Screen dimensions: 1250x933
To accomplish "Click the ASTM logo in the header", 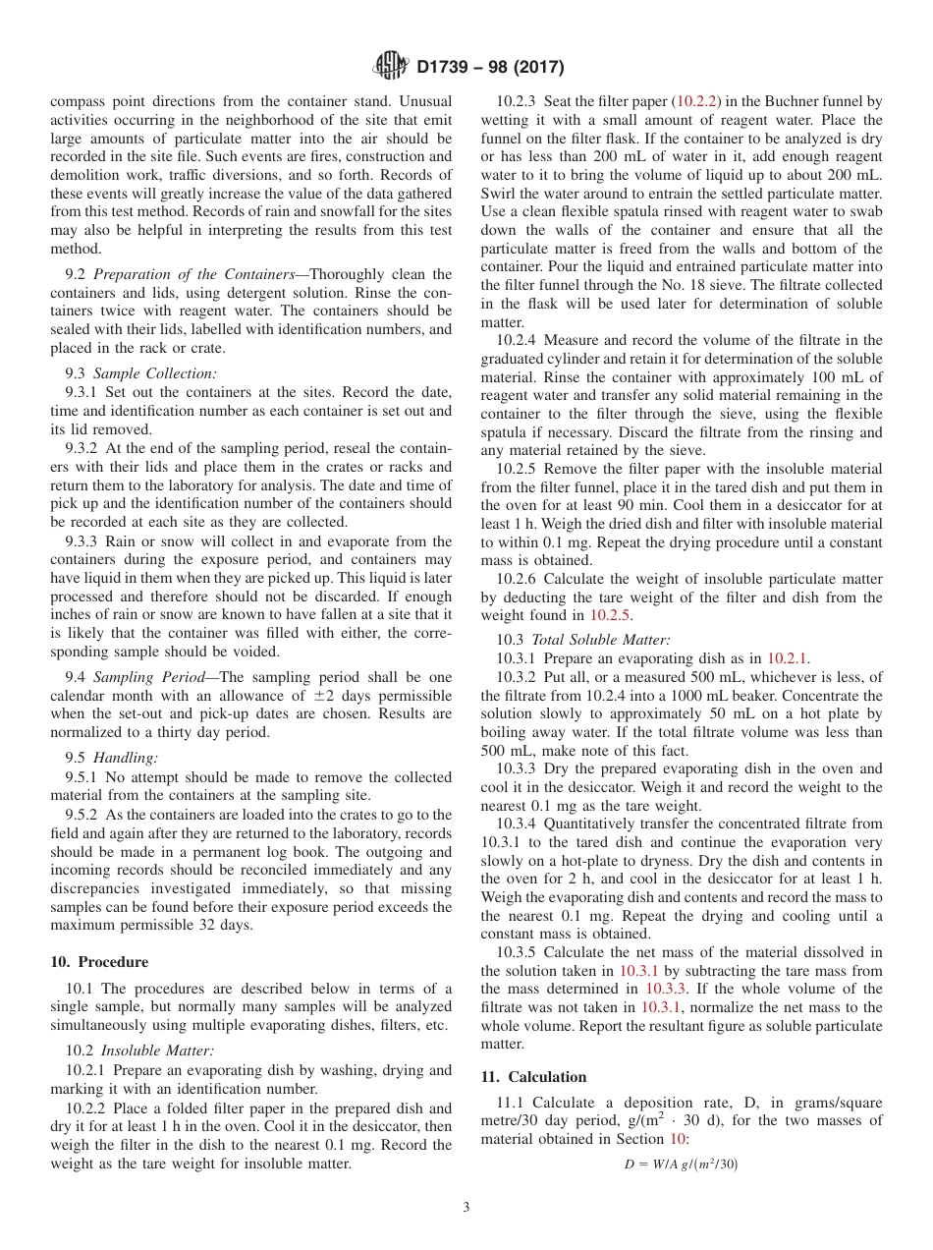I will (390, 67).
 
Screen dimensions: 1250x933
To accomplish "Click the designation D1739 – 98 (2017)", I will (490, 68).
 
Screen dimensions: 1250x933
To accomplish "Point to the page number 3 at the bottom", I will (466, 1208).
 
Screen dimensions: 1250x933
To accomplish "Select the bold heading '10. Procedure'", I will (99, 962).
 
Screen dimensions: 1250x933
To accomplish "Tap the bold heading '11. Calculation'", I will (533, 1076).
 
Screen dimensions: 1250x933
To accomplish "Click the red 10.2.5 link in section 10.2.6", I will (611, 616).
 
